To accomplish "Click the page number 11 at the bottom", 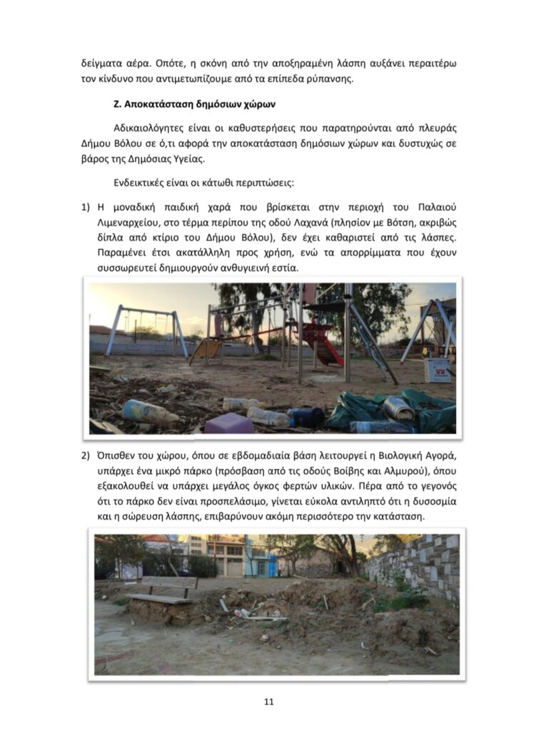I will click(268, 702).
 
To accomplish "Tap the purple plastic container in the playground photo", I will click(228, 423).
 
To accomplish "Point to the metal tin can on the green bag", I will click(398, 408).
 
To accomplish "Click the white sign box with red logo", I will click(437, 369).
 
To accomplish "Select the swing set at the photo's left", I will click(146, 330).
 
